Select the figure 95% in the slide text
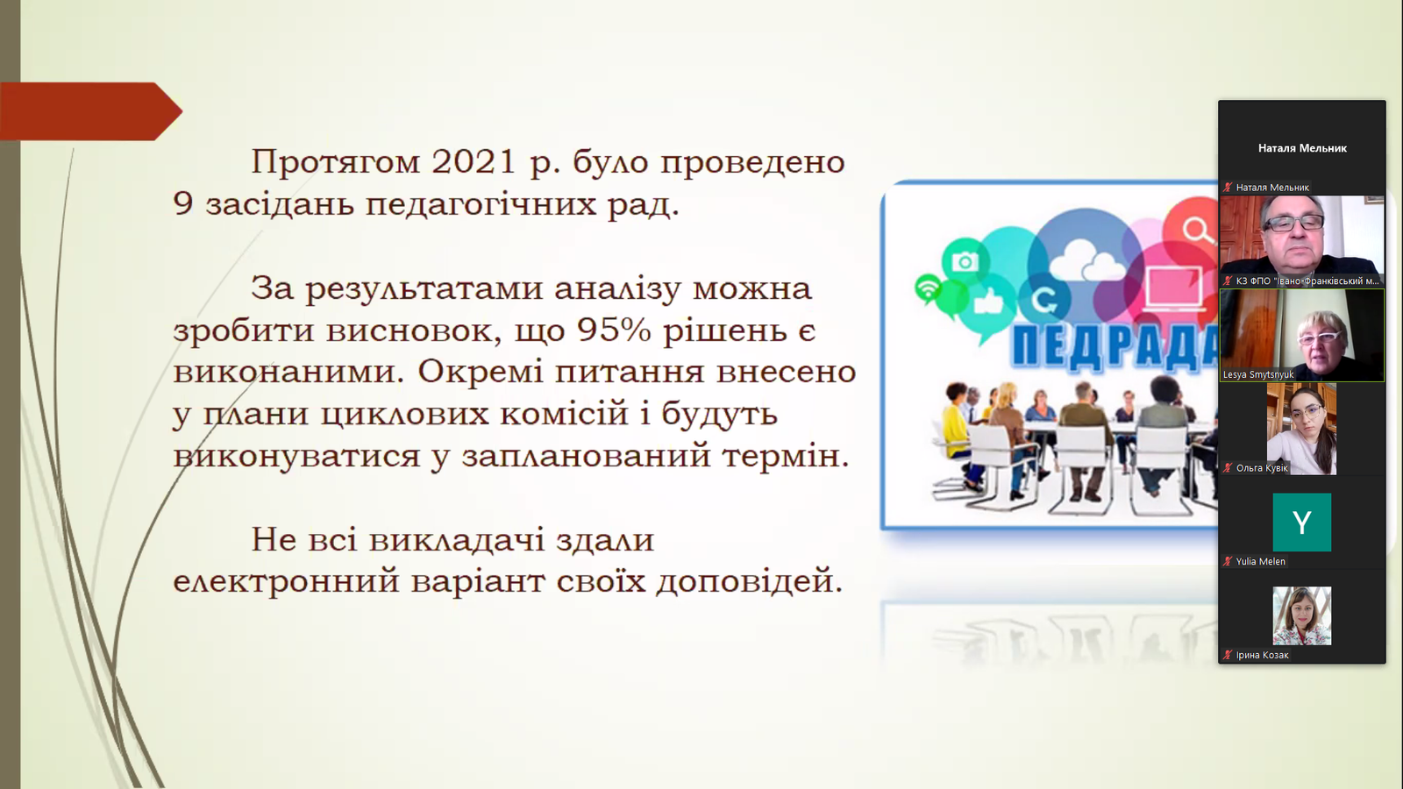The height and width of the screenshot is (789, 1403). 615,330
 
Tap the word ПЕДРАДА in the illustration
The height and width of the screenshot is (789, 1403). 1115,345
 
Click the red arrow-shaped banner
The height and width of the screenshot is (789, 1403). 91,111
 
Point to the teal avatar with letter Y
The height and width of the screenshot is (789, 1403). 1302,522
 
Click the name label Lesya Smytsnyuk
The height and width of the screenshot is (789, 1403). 1258,374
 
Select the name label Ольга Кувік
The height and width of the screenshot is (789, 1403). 1262,468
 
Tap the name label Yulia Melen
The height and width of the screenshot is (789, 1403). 1260,562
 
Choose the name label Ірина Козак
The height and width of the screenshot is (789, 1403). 1262,655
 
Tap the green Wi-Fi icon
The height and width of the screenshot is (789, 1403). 928,289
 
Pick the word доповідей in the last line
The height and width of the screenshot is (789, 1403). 749,582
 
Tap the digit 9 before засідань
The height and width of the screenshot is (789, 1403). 182,204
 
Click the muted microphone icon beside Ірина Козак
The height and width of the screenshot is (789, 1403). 1228,655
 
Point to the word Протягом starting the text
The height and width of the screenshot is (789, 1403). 336,162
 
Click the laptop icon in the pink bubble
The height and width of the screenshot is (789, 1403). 1174,289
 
